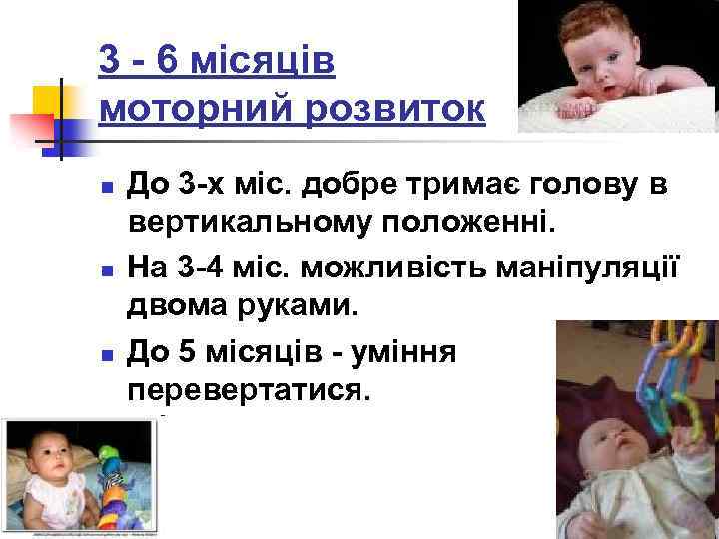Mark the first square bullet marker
pos(107,187)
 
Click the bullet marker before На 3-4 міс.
pos(107,269)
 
